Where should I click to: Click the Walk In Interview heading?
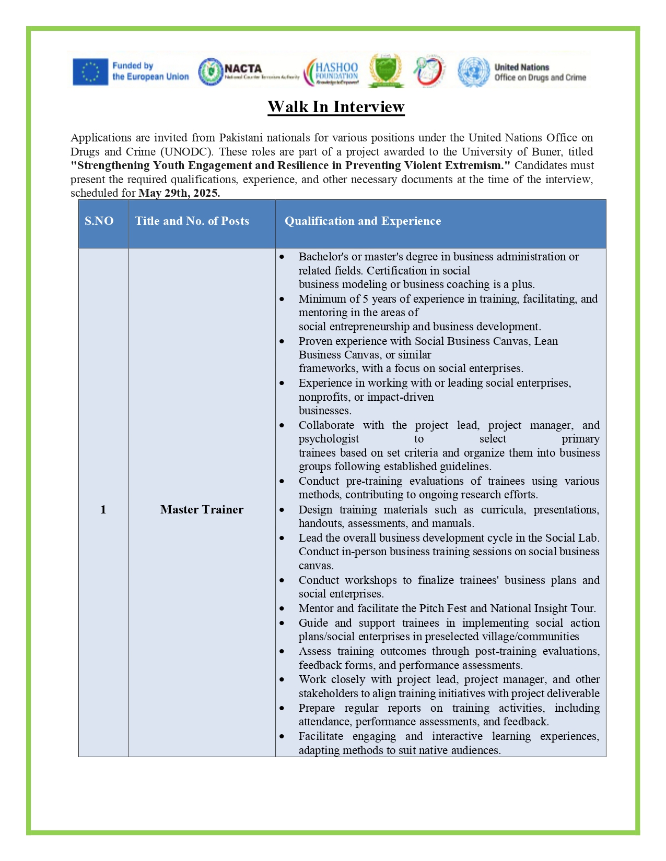[336, 107]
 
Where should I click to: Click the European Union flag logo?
[90, 71]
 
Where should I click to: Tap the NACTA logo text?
[243, 68]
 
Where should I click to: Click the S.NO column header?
[99, 221]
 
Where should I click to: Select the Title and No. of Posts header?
[192, 221]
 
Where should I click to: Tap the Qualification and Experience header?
[363, 221]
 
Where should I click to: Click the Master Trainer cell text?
[202, 510]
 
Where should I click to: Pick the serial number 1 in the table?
[103, 510]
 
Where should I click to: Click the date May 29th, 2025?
[179, 193]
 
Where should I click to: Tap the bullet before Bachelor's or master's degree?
[282, 257]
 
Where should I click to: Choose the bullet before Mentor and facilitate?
[282, 609]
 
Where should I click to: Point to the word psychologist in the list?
[329, 439]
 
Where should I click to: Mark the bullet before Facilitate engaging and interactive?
[282, 737]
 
